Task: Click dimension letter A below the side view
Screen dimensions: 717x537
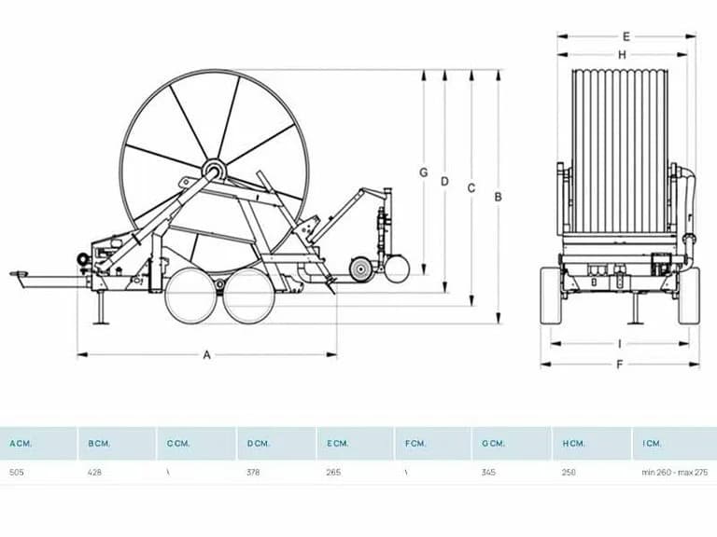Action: click(207, 355)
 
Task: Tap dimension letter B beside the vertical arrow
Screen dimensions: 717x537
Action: click(499, 197)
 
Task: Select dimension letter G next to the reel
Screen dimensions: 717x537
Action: click(424, 172)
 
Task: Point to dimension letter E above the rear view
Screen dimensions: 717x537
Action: click(626, 36)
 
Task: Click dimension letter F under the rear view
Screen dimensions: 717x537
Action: click(620, 365)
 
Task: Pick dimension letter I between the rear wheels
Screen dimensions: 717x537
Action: click(620, 344)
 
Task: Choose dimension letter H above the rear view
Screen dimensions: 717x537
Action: click(622, 55)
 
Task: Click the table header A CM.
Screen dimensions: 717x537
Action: click(21, 444)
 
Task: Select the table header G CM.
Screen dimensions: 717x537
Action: click(493, 444)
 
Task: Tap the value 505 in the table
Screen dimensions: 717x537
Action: click(17, 472)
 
